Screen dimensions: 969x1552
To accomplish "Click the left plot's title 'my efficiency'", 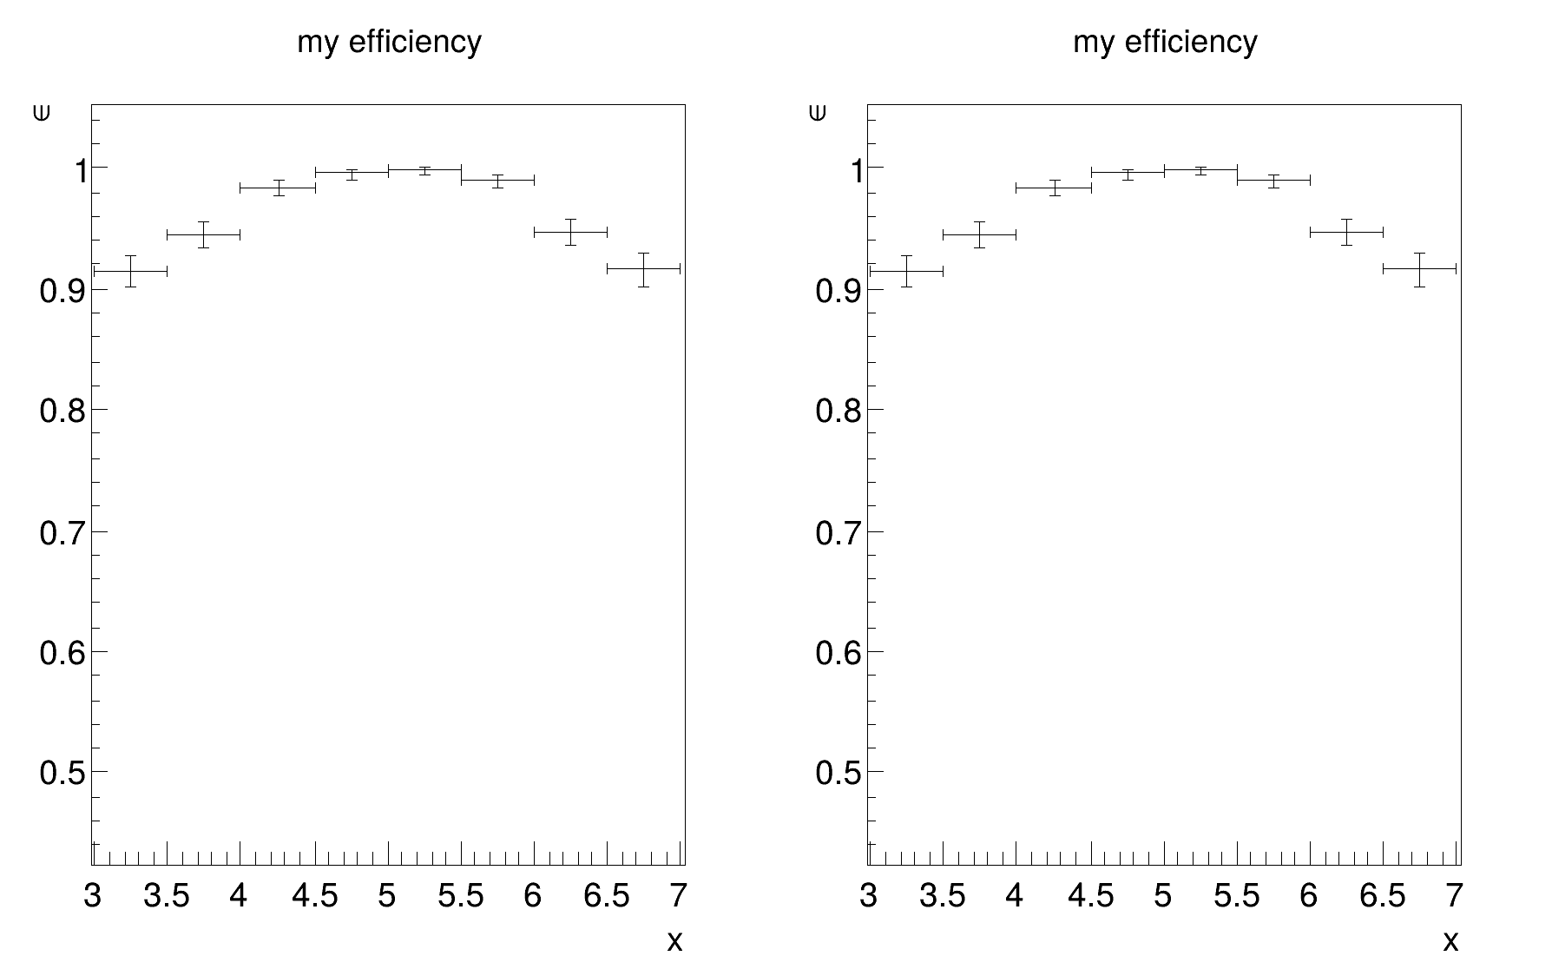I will click(x=389, y=42).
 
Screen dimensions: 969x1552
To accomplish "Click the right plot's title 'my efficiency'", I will click(x=1165, y=42).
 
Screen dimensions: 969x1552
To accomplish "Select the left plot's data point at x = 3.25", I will click(x=130, y=272).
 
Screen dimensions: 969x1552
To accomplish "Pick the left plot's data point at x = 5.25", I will click(x=424, y=170).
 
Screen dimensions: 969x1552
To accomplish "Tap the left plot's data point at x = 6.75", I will click(x=643, y=269).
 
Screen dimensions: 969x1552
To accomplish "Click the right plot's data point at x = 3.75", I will click(x=979, y=234).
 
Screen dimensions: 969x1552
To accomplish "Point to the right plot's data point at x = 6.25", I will click(x=1346, y=232).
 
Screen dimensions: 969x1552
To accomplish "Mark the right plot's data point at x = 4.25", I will click(x=1054, y=188).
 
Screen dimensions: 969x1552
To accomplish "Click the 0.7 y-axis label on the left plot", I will click(x=62, y=532).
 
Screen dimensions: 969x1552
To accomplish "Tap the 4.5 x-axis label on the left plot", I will click(x=315, y=896).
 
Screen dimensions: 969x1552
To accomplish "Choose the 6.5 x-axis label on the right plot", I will click(x=1383, y=896).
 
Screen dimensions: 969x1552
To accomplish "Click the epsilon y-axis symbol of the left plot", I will click(x=41, y=113).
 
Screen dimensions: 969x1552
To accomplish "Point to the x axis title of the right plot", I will click(x=1450, y=941).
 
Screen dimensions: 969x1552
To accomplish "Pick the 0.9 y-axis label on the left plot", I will click(x=62, y=291).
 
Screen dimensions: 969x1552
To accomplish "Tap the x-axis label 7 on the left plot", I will click(x=679, y=896).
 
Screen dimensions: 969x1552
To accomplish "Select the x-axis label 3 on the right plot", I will click(x=869, y=896).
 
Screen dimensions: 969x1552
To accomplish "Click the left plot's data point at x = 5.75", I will click(x=497, y=180).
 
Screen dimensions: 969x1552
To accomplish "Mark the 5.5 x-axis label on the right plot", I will click(x=1237, y=896).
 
